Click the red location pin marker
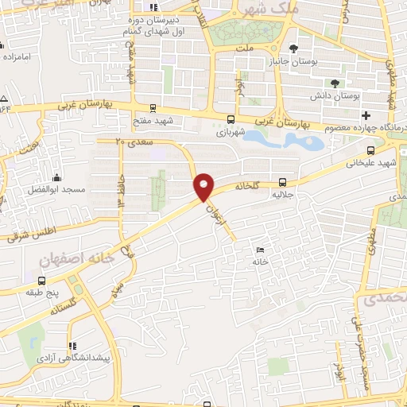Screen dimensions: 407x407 (x=204, y=186)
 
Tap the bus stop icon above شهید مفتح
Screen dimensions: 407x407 (x=153, y=109)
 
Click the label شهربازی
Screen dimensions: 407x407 (x=231, y=133)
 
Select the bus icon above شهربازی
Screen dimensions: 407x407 (x=231, y=122)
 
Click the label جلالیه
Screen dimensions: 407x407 (x=284, y=193)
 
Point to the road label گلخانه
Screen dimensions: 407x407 (x=247, y=184)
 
